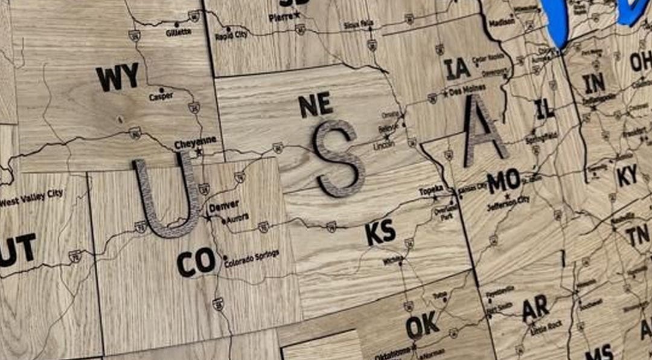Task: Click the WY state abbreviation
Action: (x=117, y=77)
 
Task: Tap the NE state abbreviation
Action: (x=315, y=105)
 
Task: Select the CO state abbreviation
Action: (x=196, y=262)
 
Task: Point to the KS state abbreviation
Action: (x=381, y=233)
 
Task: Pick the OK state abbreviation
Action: (x=423, y=326)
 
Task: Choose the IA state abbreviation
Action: (x=457, y=68)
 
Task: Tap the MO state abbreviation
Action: (x=503, y=181)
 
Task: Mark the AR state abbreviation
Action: (x=535, y=309)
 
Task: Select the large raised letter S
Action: (x=339, y=158)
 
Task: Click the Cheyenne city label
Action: (x=195, y=143)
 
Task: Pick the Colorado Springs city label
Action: (x=252, y=258)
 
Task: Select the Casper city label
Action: (x=161, y=96)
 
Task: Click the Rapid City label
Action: (x=231, y=36)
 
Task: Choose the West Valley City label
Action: (x=31, y=198)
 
